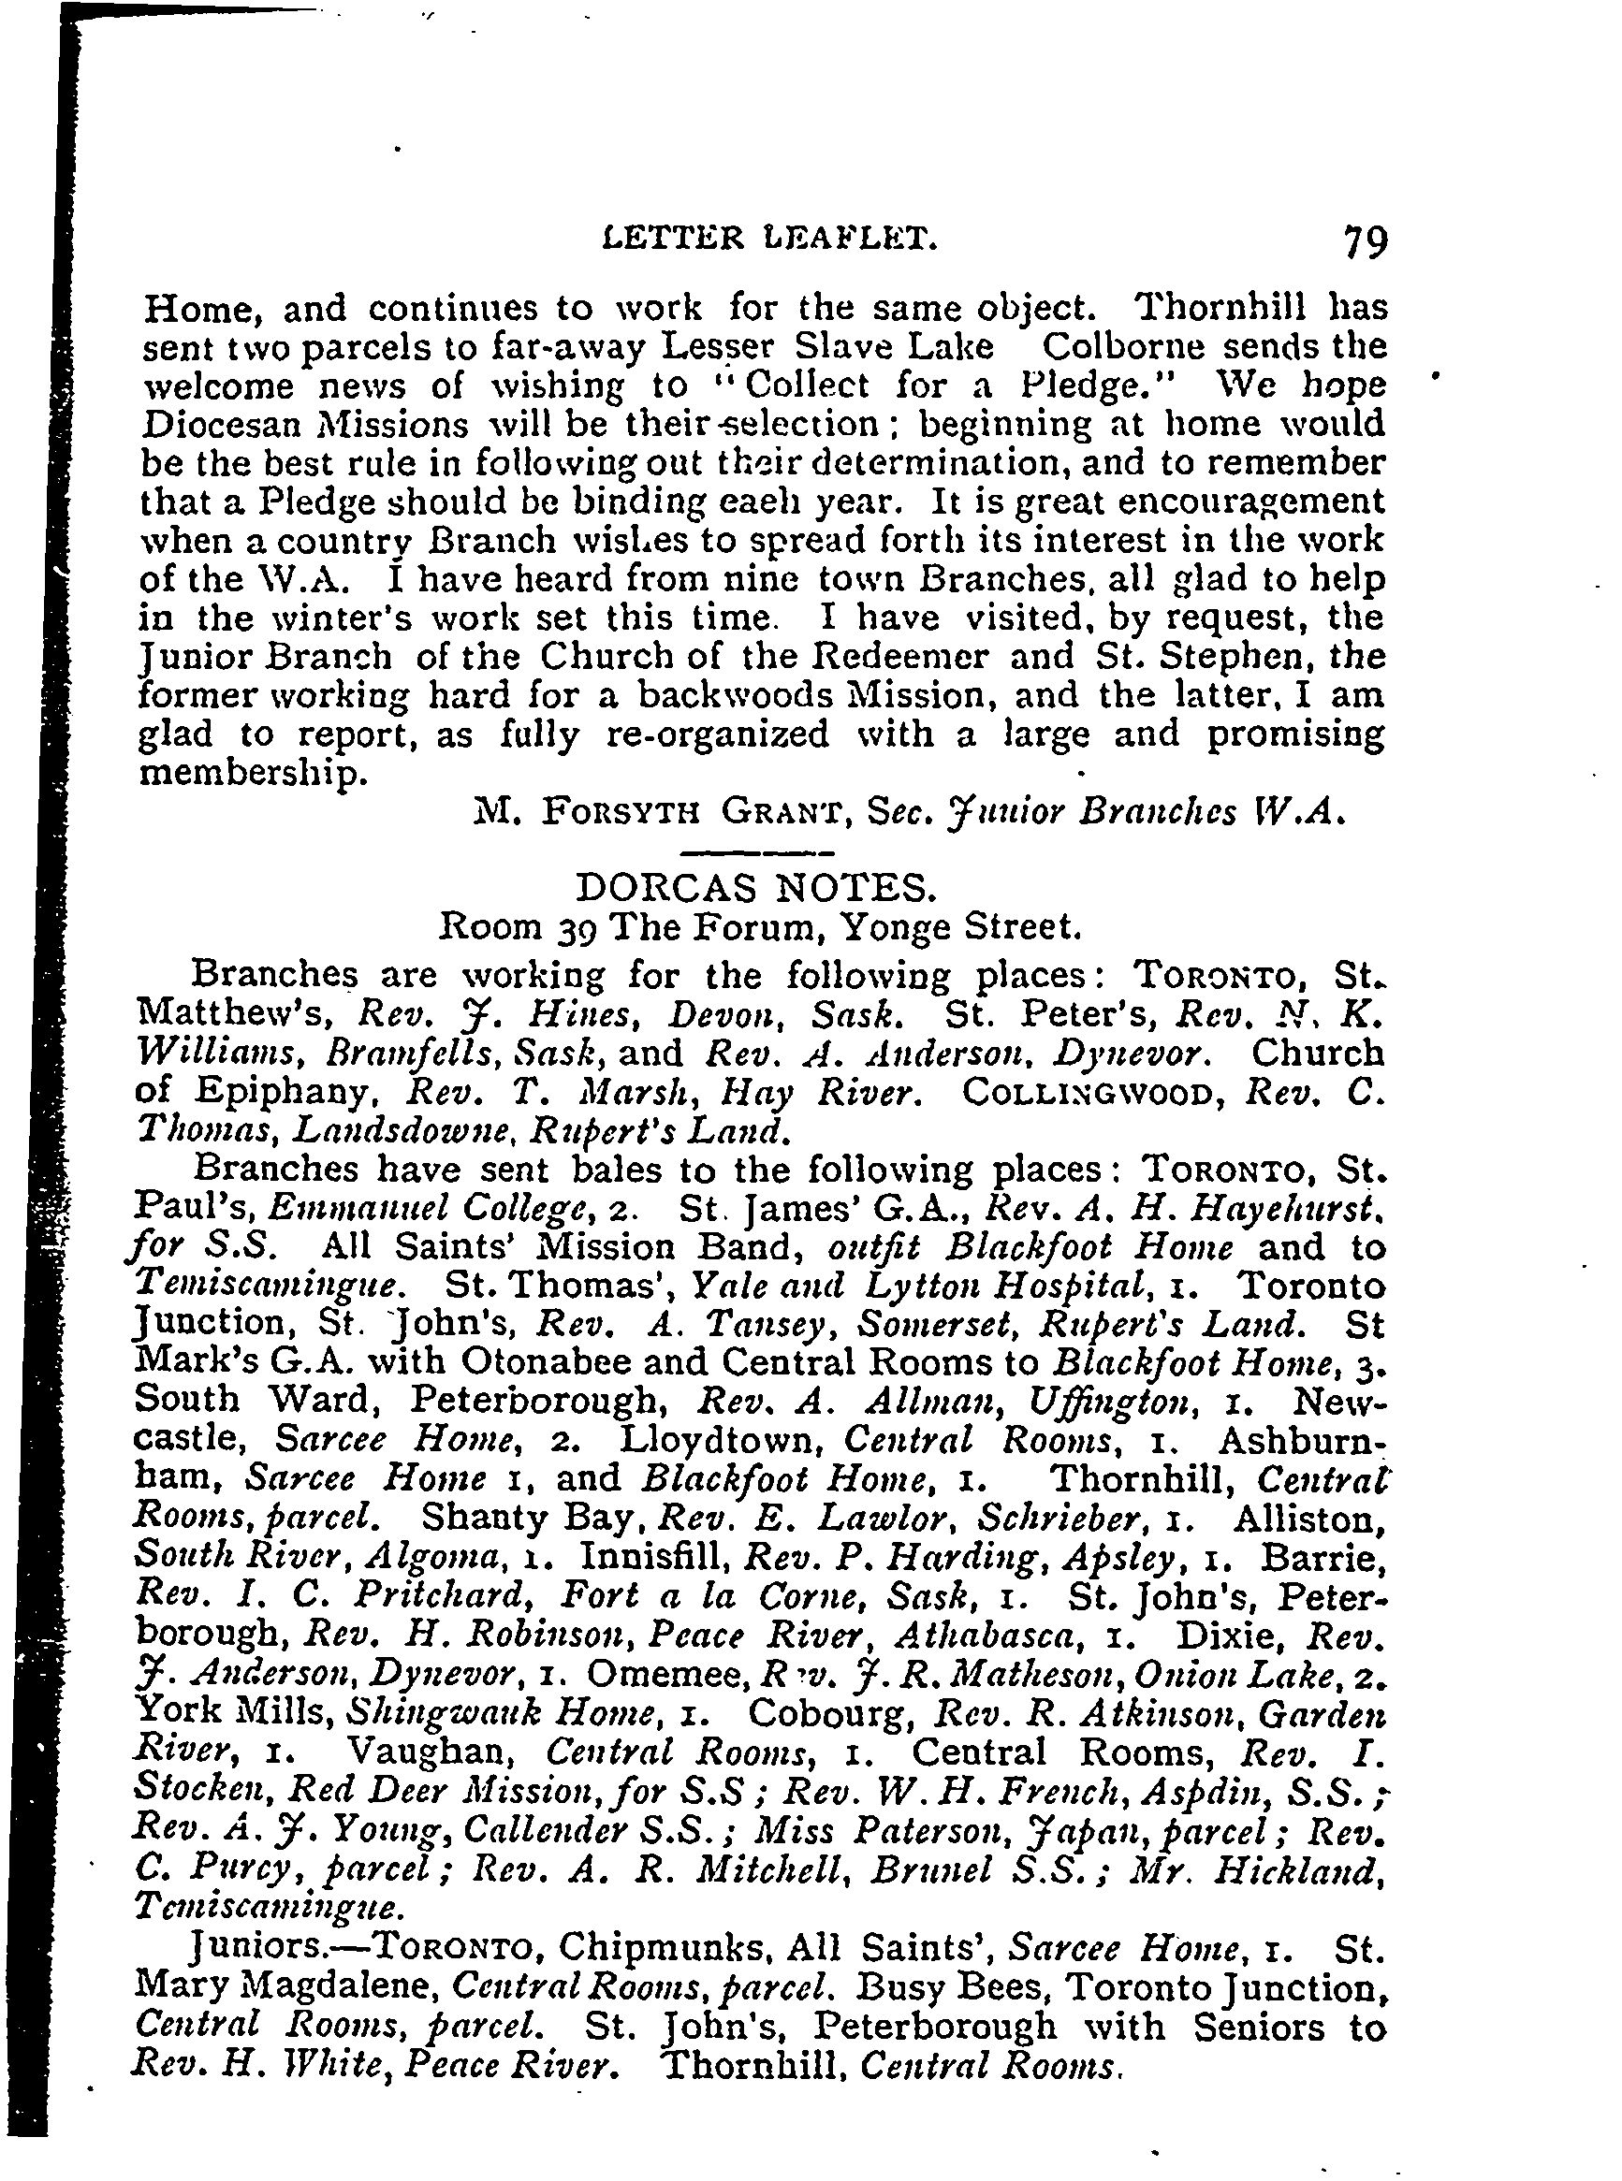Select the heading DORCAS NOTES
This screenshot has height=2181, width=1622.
point(755,888)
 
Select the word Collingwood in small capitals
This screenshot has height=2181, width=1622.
point(1092,1092)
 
